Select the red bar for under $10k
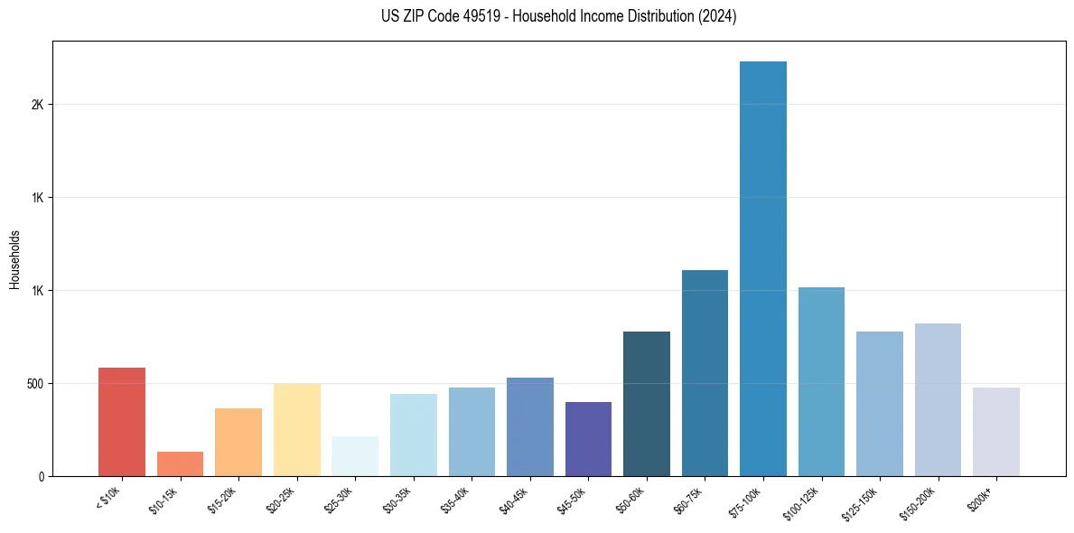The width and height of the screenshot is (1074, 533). [122, 422]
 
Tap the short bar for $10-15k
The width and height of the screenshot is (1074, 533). [180, 463]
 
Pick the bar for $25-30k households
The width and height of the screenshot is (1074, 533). [355, 456]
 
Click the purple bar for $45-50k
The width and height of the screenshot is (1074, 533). [588, 439]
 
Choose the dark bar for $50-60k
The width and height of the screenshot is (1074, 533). [647, 404]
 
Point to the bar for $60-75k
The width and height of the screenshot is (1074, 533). [705, 373]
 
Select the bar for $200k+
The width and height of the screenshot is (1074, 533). [996, 432]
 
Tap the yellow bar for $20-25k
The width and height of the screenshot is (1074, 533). [297, 430]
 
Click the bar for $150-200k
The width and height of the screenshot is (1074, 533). [938, 399]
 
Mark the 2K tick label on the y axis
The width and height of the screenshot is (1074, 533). [37, 105]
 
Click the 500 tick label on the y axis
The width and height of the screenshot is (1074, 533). [34, 384]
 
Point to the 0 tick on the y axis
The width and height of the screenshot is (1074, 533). [42, 476]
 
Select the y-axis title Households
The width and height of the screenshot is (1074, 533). [14, 259]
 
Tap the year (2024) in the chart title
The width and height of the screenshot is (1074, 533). [713, 16]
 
